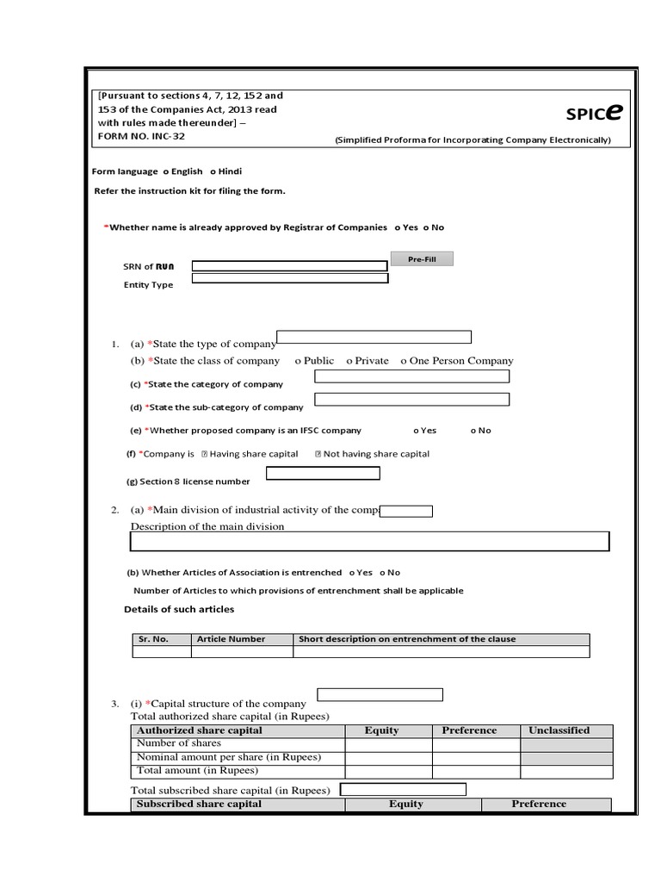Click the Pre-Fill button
click(x=421, y=259)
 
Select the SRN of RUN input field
click(x=289, y=266)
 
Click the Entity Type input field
click(x=289, y=278)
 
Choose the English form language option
click(x=166, y=171)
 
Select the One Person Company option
click(x=404, y=361)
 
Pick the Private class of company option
click(x=349, y=361)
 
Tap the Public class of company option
click(x=298, y=361)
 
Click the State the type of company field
click(x=374, y=337)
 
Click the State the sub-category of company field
click(x=411, y=400)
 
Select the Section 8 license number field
click(x=323, y=473)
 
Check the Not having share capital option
click(x=318, y=454)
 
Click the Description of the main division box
click(x=369, y=541)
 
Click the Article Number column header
click(x=231, y=639)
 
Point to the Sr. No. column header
click(x=153, y=639)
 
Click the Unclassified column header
click(x=559, y=730)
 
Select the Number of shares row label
click(x=179, y=743)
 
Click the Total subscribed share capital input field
click(x=403, y=789)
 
